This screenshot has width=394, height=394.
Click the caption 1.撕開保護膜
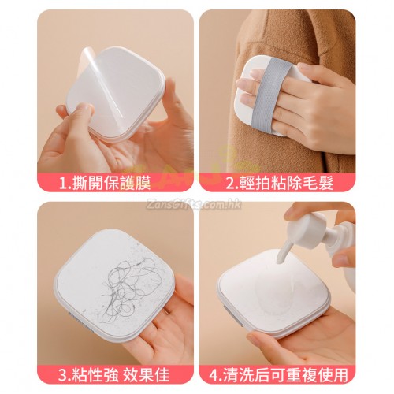(x=105, y=183)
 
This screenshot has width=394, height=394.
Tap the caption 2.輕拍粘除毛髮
(x=280, y=183)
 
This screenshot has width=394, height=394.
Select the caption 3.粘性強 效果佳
(x=113, y=374)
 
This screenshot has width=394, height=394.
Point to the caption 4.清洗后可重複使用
(x=279, y=374)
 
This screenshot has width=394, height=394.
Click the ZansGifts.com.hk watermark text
(x=195, y=204)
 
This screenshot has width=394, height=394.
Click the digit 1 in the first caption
(x=63, y=183)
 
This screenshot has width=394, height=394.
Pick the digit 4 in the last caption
(x=214, y=374)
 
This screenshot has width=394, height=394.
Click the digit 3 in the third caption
(x=63, y=374)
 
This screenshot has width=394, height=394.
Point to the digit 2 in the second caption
(x=231, y=183)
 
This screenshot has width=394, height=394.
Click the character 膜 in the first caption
(x=143, y=183)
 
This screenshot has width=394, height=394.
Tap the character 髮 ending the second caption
(x=325, y=183)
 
